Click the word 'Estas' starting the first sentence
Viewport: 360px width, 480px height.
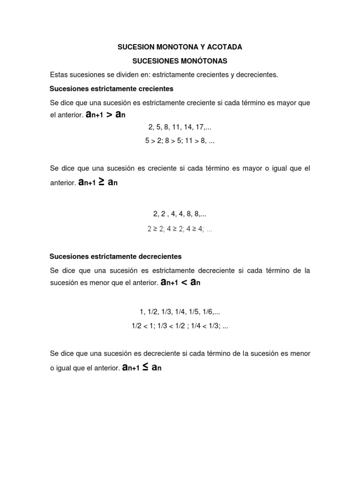[x=59, y=75]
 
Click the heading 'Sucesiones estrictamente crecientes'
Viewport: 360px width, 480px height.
[x=112, y=89]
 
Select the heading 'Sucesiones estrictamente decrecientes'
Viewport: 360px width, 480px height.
[x=115, y=256]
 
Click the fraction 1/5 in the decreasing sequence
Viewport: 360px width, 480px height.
[x=197, y=312]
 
